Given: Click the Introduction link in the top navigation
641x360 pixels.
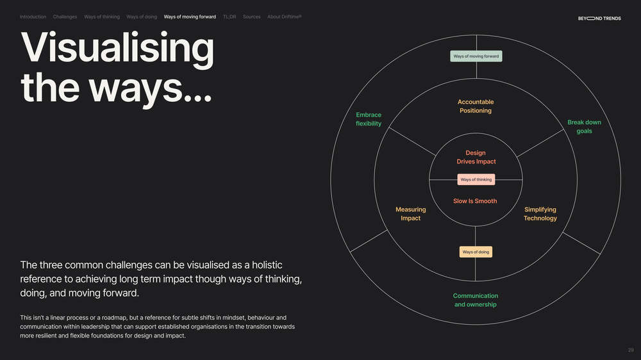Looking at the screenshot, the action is [x=33, y=17].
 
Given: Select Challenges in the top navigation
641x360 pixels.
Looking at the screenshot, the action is [x=65, y=17].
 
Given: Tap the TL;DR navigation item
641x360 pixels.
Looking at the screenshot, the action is [x=229, y=17].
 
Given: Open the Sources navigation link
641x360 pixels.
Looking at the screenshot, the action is [x=251, y=17].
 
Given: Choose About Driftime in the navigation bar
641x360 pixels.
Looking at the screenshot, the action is [x=285, y=17].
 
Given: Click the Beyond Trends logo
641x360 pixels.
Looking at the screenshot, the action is [x=599, y=19].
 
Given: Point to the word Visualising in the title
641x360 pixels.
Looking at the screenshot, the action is [x=117, y=49].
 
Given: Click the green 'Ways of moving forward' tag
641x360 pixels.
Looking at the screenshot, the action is [x=476, y=56].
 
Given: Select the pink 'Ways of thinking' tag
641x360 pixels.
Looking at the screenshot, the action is [x=476, y=179].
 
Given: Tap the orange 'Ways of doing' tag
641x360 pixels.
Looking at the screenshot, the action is [x=476, y=252].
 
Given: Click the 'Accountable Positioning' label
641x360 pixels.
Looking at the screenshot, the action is [x=476, y=106].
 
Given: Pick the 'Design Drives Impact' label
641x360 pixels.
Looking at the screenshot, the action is [x=476, y=157].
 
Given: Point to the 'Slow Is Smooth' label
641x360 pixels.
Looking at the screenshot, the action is [x=475, y=201].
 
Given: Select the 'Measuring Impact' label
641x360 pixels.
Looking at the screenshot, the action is [x=410, y=214].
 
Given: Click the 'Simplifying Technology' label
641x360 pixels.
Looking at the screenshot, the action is [x=540, y=214].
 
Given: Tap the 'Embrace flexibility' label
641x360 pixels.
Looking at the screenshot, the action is [x=369, y=119].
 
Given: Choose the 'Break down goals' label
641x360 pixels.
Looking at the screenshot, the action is [x=584, y=127].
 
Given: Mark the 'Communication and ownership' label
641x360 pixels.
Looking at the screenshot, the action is [x=476, y=300].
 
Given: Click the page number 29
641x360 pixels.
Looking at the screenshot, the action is [x=631, y=350].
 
